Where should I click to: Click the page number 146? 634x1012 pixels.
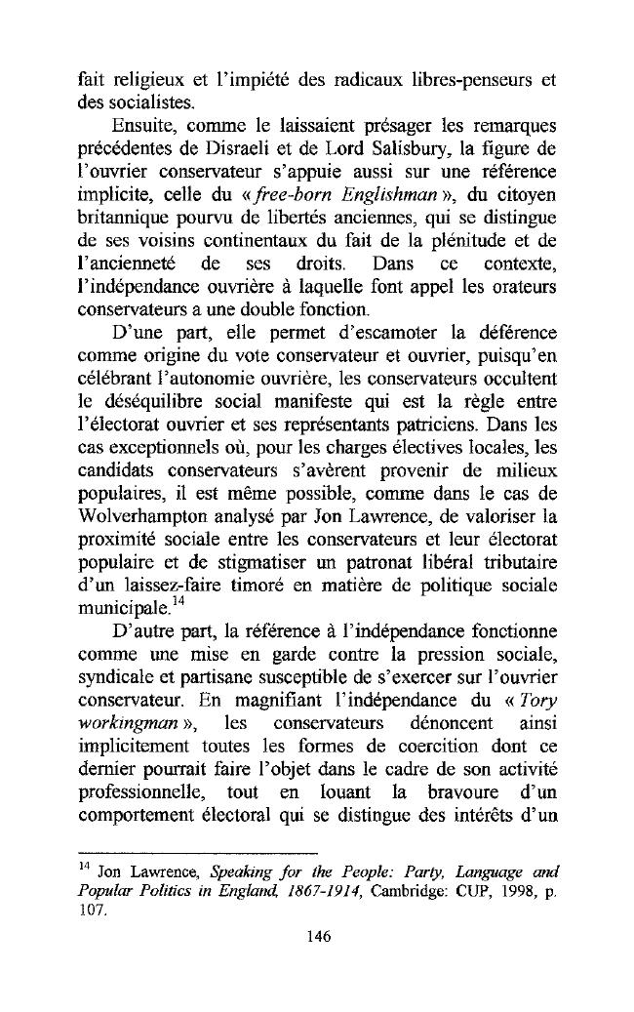(x=317, y=936)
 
